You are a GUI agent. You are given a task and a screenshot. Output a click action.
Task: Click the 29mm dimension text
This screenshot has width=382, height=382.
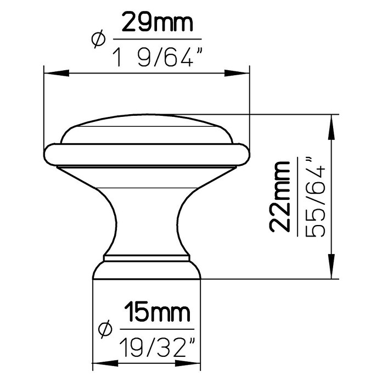pyautogui.click(x=158, y=23)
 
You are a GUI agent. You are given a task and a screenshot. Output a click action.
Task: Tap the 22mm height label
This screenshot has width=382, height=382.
pyautogui.click(x=280, y=196)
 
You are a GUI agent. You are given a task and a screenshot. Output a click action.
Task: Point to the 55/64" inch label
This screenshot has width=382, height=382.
pyautogui.click(x=315, y=197)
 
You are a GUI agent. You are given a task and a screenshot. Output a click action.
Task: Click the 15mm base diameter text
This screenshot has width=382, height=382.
pyautogui.click(x=157, y=312)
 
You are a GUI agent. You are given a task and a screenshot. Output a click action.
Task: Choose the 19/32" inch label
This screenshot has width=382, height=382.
pyautogui.click(x=157, y=347)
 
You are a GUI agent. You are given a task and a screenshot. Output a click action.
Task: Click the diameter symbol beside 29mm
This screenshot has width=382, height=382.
pyautogui.click(x=99, y=39)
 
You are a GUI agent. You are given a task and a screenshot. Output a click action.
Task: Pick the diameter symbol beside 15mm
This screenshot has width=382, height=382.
pyautogui.click(x=105, y=329)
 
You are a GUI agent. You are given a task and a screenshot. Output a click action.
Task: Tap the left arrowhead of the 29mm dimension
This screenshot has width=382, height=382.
pyautogui.click(x=57, y=73)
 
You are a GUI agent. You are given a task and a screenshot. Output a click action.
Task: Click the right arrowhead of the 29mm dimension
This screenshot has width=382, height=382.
pyautogui.click(x=237, y=73)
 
